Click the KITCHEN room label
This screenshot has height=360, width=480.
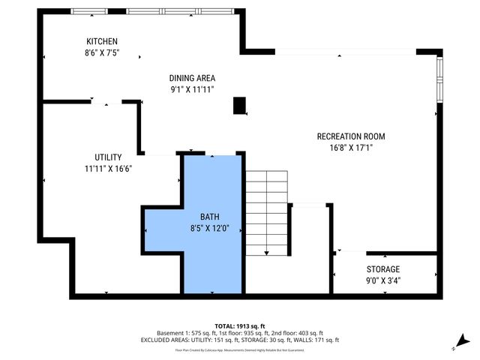(x=102, y=41)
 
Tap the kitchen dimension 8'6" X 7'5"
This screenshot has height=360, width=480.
(x=102, y=53)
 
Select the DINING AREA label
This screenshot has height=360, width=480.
(x=192, y=78)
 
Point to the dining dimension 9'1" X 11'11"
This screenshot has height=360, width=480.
(x=192, y=89)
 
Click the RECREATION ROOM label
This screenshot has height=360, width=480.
(x=351, y=136)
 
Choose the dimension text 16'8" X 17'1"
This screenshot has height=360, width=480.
(x=351, y=148)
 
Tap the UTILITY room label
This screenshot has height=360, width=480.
(x=108, y=157)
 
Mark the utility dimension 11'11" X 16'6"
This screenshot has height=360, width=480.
(x=108, y=169)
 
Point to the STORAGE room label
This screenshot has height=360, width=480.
(x=382, y=269)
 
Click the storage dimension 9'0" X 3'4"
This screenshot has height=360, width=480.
(x=382, y=281)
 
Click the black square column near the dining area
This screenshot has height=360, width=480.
(x=240, y=106)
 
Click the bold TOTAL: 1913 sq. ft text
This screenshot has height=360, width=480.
(x=240, y=325)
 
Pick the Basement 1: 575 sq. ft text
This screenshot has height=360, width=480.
(x=184, y=333)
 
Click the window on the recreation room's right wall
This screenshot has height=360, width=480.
(x=439, y=79)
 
